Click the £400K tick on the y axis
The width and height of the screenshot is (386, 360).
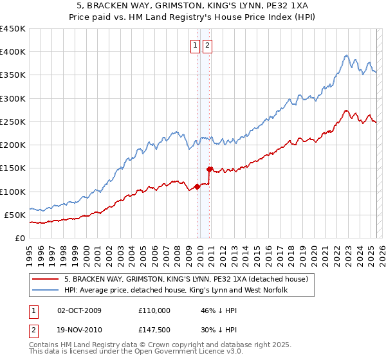coord(13,52)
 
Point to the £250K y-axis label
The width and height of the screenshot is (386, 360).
coord(13,122)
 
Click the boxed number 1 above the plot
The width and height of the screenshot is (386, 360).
coord(195,46)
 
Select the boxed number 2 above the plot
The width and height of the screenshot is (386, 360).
coord(208,46)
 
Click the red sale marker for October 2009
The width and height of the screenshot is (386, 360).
coord(197,187)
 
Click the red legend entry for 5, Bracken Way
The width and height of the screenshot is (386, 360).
coord(187,279)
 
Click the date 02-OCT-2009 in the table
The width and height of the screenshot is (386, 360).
coord(79,310)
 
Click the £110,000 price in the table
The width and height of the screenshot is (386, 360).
coord(154,310)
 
